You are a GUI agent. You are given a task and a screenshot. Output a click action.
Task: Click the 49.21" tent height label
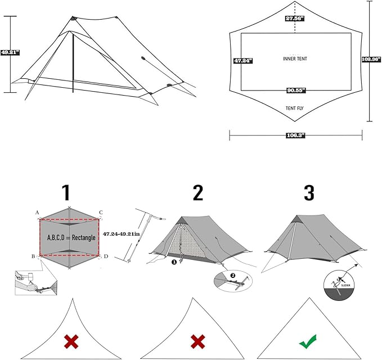tap(10, 52)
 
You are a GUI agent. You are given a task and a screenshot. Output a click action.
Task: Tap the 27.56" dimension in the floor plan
tap(295, 19)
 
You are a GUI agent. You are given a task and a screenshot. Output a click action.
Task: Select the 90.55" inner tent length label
tap(295, 90)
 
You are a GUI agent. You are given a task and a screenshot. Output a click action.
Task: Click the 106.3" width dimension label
tap(295, 135)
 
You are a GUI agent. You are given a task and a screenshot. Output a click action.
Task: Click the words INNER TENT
tap(295, 58)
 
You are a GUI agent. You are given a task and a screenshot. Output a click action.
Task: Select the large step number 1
tap(66, 193)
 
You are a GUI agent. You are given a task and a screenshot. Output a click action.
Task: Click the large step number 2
tap(197, 193)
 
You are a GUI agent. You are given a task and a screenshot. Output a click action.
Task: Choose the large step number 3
tap(309, 193)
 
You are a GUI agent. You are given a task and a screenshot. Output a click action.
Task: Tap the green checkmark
tap(307, 341)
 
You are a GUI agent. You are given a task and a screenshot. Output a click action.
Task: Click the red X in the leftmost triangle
tap(70, 341)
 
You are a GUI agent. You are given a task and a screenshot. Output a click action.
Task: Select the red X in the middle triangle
tap(197, 341)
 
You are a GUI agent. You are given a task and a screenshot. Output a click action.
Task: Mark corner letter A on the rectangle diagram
tap(37, 213)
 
